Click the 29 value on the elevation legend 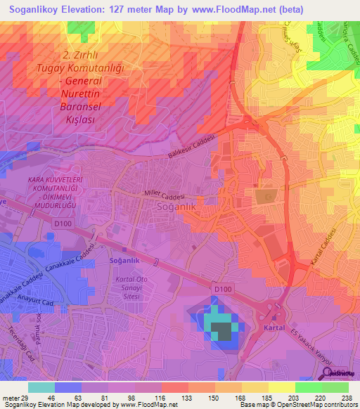point(30,398)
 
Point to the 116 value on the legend point(160,398)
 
